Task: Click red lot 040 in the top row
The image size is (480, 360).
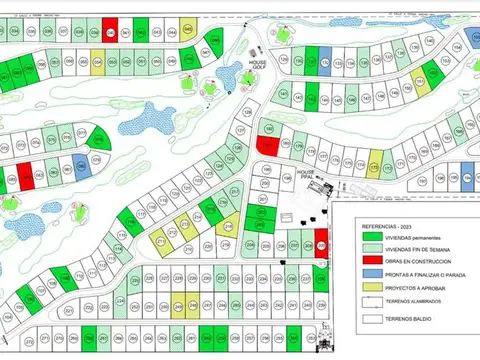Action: (x=108, y=31)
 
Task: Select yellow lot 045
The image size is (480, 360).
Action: (x=98, y=61)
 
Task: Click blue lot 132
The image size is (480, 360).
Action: (x=325, y=60)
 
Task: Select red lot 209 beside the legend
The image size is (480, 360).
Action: (x=321, y=240)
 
